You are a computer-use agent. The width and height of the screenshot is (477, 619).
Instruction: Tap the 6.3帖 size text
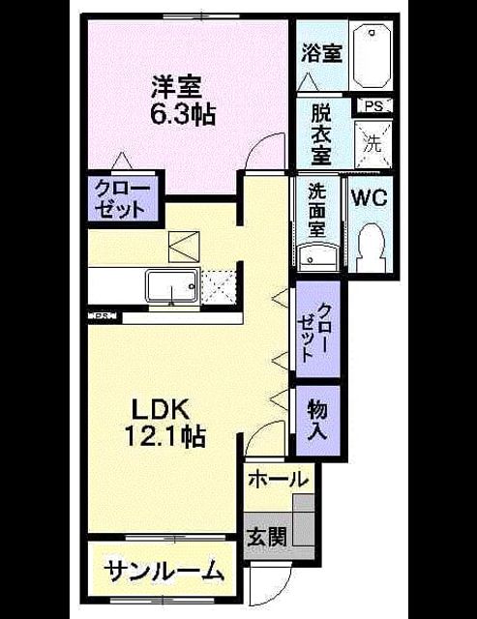tap(183, 114)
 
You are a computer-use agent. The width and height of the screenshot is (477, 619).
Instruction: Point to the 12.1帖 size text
tap(165, 436)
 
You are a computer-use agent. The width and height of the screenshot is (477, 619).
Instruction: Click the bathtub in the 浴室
tap(372, 55)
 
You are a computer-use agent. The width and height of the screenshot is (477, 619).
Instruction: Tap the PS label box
tap(373, 106)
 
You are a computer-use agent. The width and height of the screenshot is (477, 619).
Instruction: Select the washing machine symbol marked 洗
tap(373, 144)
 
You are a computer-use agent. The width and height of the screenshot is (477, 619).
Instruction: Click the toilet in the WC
tap(372, 247)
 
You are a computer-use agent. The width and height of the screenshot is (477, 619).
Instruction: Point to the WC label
tap(370, 197)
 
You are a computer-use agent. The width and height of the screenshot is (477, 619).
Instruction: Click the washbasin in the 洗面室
tap(318, 257)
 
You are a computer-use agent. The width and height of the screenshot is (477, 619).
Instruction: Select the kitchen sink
tap(172, 286)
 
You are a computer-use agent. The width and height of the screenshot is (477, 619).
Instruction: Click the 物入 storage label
tap(318, 419)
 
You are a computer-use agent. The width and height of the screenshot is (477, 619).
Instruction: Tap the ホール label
tap(278, 480)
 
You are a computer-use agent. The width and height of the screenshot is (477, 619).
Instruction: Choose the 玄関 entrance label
tap(266, 536)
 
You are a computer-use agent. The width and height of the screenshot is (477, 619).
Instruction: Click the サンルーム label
tap(164, 571)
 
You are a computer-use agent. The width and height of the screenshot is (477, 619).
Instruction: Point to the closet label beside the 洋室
tap(123, 199)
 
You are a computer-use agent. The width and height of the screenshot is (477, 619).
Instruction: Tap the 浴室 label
tap(322, 54)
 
